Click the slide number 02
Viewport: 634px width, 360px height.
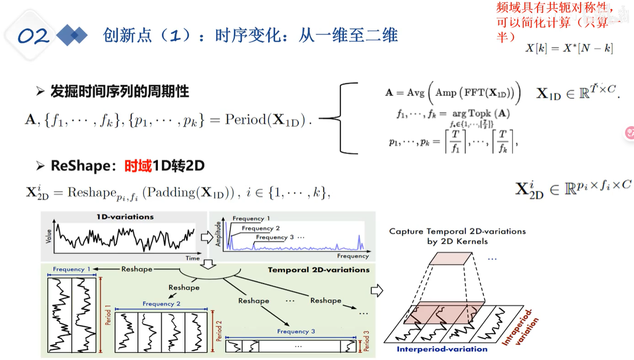33,36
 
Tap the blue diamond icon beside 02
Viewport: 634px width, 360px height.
72,35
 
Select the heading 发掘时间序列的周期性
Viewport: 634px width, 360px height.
120,91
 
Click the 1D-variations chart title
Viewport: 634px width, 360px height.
125,217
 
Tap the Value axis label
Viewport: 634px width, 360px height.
49,236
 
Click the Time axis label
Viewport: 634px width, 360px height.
192,258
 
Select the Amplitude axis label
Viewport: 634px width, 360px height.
218,234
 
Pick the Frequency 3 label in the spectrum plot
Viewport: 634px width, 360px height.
272,237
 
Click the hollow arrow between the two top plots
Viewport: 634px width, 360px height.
207,237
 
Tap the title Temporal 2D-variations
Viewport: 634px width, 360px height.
319,270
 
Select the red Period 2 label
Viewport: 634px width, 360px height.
219,332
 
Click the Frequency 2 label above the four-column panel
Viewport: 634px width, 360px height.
161,304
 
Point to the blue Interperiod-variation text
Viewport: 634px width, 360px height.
442,349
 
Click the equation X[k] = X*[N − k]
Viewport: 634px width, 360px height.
569,48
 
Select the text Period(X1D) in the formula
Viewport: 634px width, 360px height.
268,120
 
